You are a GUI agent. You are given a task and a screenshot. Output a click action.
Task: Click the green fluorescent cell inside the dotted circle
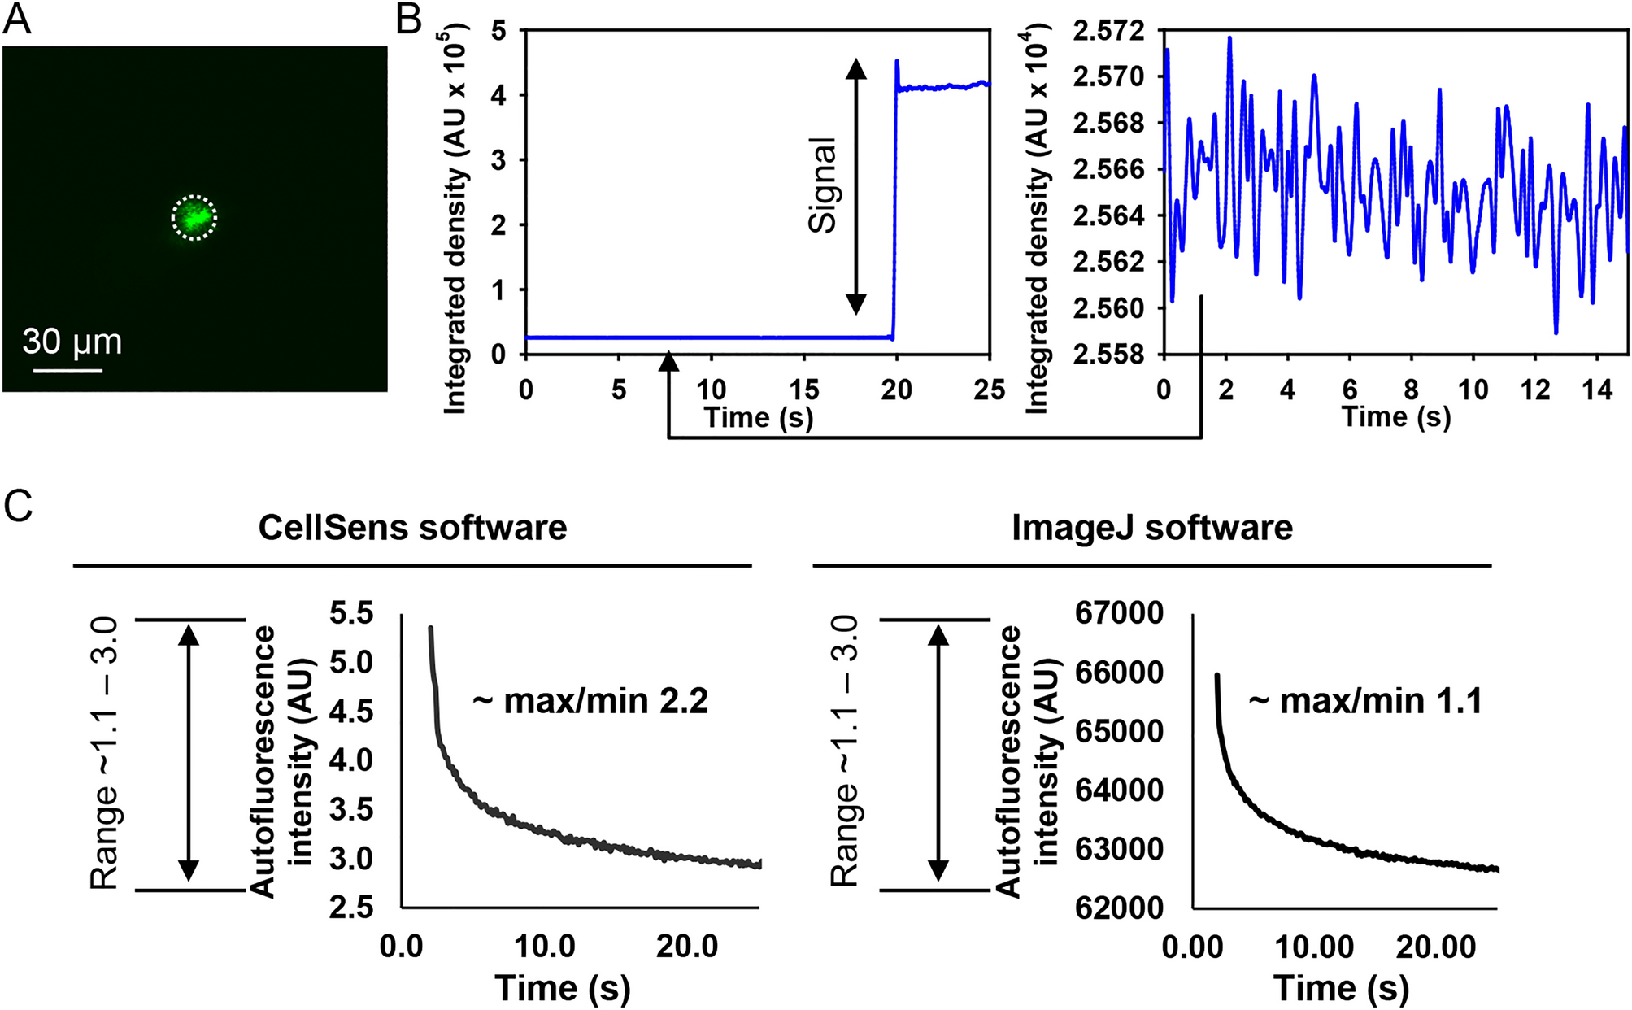point(194,218)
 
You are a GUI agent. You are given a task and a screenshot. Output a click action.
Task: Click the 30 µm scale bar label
point(72,342)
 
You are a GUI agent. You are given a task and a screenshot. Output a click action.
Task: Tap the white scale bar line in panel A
point(67,371)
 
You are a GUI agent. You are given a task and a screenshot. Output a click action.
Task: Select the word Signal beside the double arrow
point(822,186)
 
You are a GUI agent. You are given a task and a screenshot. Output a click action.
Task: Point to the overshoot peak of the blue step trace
point(896,61)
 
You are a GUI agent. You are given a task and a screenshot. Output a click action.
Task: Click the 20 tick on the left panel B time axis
point(896,390)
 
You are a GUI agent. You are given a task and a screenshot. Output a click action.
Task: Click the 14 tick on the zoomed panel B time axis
point(1597,390)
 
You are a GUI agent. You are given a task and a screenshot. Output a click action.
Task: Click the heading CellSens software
point(412,528)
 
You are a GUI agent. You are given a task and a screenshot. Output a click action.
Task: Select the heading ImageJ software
point(1151,528)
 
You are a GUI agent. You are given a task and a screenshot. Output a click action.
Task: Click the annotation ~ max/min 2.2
point(590,700)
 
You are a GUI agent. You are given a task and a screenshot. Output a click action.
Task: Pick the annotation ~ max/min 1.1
point(1366,700)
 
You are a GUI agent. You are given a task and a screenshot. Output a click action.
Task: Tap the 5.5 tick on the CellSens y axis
point(351,613)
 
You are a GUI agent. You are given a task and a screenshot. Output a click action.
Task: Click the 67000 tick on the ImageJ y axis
point(1119,613)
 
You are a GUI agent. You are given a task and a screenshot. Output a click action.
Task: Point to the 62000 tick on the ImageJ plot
point(1119,908)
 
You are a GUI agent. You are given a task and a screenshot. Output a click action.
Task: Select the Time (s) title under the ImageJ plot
point(1341,988)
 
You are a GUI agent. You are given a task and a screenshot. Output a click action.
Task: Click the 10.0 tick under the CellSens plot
point(546,947)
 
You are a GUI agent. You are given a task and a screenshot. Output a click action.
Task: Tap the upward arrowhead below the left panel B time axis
point(668,362)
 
